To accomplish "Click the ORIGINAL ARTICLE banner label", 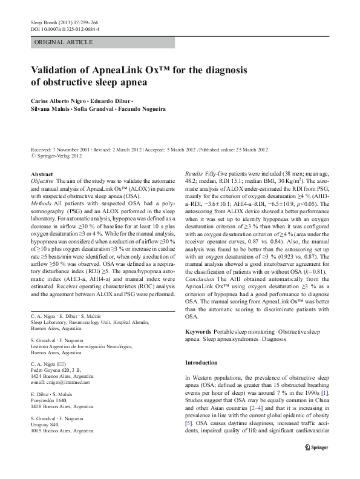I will pyautogui.click(x=64, y=42).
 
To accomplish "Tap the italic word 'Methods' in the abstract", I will pyautogui.click(x=42, y=203).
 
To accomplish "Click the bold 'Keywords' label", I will pyautogui.click(x=198, y=332).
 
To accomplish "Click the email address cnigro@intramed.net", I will pyautogui.click(x=60, y=383).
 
